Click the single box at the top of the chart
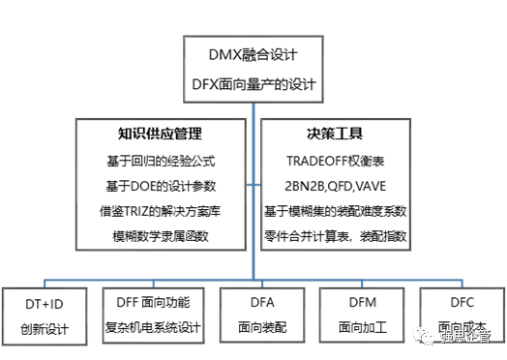253,69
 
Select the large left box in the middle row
161,184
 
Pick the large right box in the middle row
336,184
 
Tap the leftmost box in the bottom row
45,315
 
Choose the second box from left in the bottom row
153,315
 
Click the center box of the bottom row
262,315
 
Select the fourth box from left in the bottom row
362,315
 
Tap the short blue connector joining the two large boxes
253,184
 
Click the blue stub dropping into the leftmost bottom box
45,285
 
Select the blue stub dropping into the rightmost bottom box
462,285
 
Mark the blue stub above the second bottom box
153,285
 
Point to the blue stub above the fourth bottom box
362,285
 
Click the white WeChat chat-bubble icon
424,336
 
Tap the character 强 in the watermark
447,337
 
